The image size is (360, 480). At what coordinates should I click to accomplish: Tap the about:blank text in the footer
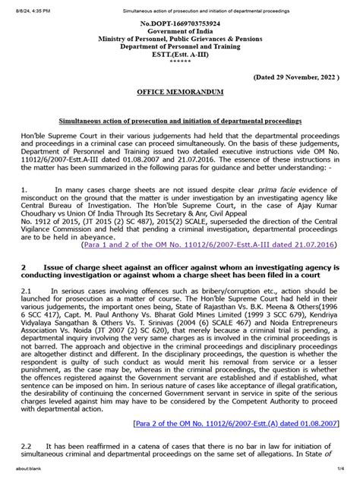point(16,475)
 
